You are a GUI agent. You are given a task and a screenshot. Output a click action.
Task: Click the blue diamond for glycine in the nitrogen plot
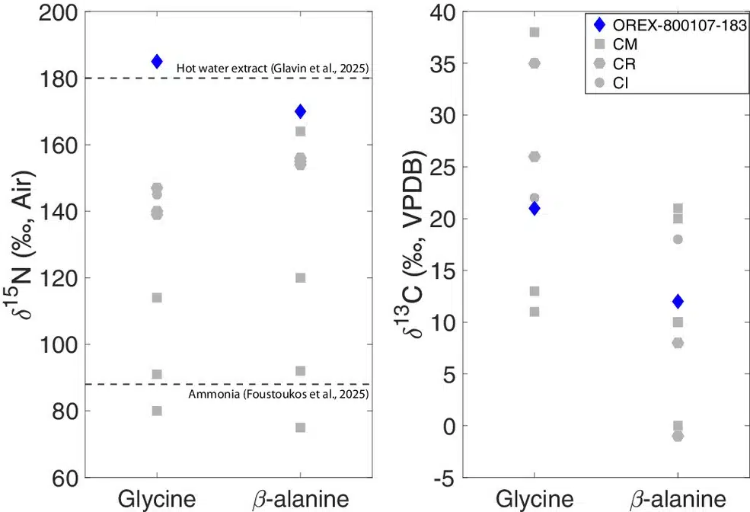tap(157, 62)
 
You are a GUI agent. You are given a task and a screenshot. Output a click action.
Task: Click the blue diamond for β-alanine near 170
tap(300, 112)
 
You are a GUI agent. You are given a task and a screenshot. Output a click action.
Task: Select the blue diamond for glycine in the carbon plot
tap(535, 209)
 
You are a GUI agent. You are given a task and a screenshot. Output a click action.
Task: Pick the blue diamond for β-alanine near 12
tap(678, 302)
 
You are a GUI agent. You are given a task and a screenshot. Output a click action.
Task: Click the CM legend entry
tap(624, 45)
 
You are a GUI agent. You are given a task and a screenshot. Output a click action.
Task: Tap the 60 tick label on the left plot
tap(62, 478)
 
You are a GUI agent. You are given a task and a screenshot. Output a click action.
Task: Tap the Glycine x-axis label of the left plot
tap(157, 499)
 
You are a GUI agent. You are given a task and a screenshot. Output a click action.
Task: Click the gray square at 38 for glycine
tap(535, 33)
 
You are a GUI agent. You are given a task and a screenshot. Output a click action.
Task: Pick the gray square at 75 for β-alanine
tap(300, 427)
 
